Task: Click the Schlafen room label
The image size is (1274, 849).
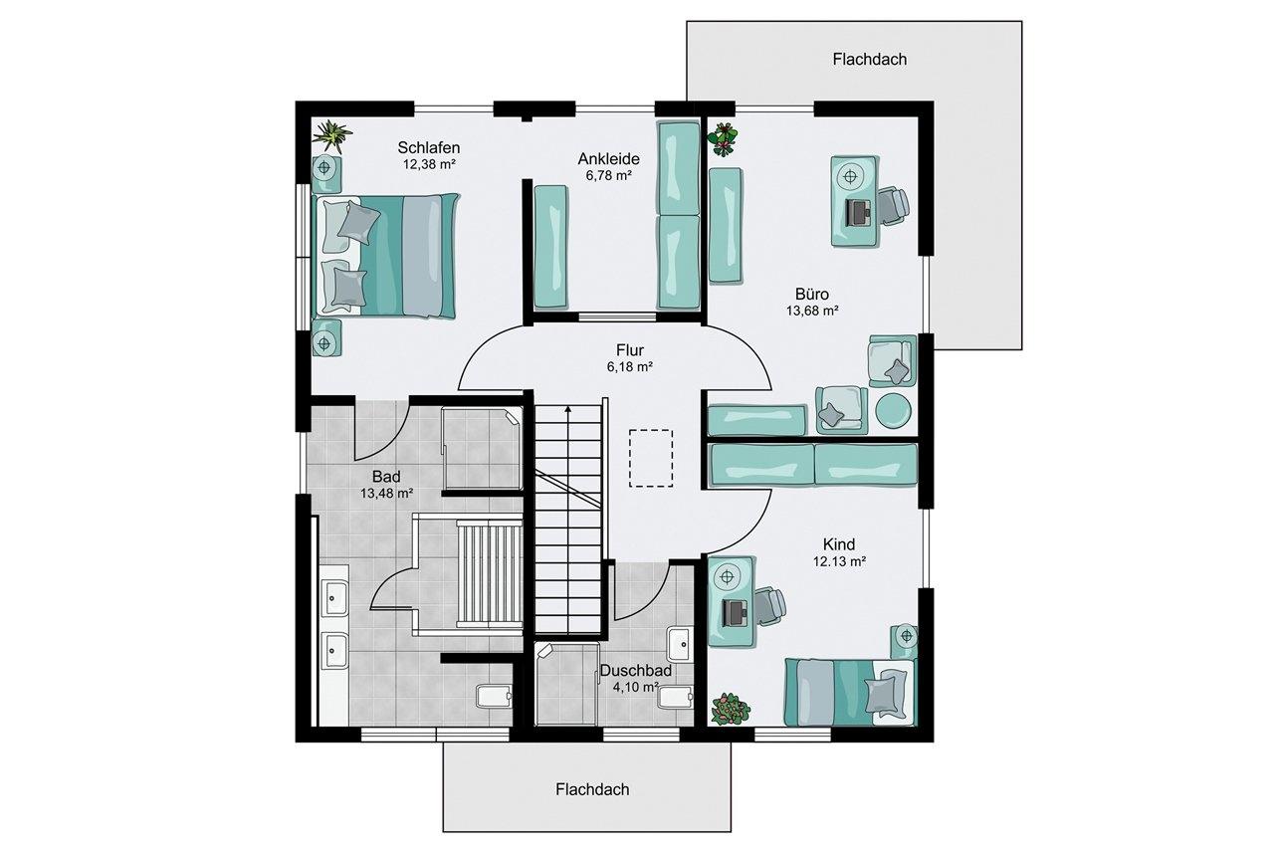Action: click(x=428, y=148)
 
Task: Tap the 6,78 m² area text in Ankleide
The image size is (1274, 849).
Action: click(x=608, y=176)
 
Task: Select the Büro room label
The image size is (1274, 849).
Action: click(x=811, y=294)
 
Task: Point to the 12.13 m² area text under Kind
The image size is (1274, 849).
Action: click(x=839, y=561)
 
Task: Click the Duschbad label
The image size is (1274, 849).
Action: click(x=636, y=671)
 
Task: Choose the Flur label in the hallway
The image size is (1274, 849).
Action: click(x=630, y=349)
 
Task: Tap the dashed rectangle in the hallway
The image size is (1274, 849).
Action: click(x=651, y=458)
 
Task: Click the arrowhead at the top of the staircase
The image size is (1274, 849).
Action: click(x=567, y=408)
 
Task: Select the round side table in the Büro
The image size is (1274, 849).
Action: click(x=893, y=410)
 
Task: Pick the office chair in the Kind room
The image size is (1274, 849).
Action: click(x=769, y=604)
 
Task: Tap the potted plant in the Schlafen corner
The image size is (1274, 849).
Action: click(x=331, y=136)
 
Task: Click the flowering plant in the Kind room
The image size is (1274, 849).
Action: click(x=731, y=709)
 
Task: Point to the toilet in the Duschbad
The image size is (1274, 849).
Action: click(x=675, y=697)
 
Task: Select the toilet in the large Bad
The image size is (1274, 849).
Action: click(x=494, y=696)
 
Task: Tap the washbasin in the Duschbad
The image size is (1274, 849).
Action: click(x=679, y=645)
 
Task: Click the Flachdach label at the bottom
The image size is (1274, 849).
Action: click(x=592, y=789)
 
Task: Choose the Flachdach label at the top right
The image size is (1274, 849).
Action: click(x=870, y=59)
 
